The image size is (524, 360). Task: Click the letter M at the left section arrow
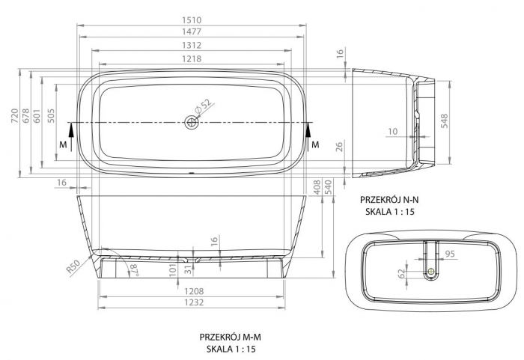coord(64,144)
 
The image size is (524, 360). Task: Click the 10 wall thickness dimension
coord(393,131)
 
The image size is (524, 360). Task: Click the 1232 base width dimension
coord(194,303)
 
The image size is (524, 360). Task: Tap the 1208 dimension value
coord(194,291)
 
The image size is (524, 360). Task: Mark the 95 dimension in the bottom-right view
coord(450,253)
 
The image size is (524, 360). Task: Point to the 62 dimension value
coord(398,273)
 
